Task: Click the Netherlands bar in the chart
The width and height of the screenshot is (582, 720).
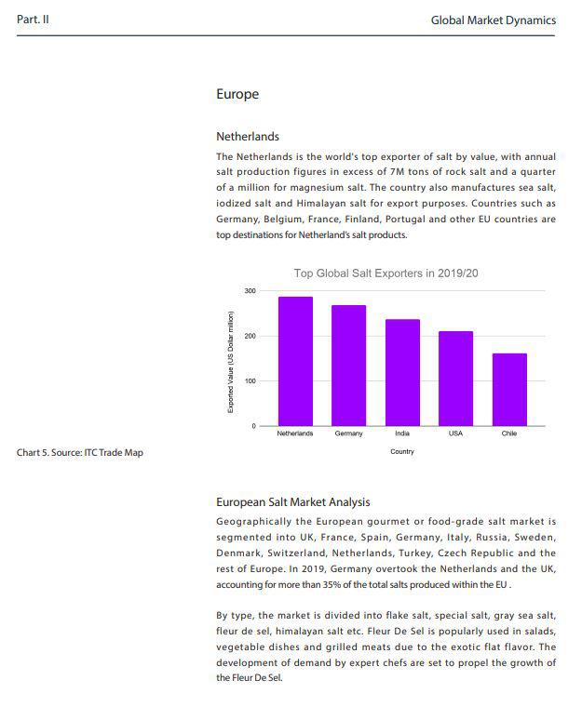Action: tap(295, 361)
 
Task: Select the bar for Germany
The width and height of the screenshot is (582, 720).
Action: tap(348, 365)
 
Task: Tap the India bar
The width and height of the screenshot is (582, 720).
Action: tap(402, 372)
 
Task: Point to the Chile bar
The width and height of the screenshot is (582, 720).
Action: tap(509, 389)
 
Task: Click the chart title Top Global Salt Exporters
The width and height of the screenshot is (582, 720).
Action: tap(386, 273)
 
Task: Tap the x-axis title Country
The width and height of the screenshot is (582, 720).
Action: tap(402, 451)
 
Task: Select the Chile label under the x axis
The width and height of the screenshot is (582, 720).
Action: tap(509, 433)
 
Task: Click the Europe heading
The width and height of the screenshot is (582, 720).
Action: tap(237, 94)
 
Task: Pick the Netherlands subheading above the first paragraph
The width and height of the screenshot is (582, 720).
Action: tap(248, 137)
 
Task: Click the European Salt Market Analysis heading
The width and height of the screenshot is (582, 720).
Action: tap(293, 502)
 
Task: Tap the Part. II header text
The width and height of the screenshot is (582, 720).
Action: tap(34, 20)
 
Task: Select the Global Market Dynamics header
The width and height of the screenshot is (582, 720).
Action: tap(494, 20)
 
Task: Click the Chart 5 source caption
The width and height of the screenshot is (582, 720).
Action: tap(80, 453)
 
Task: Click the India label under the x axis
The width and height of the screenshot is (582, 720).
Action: tap(402, 433)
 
